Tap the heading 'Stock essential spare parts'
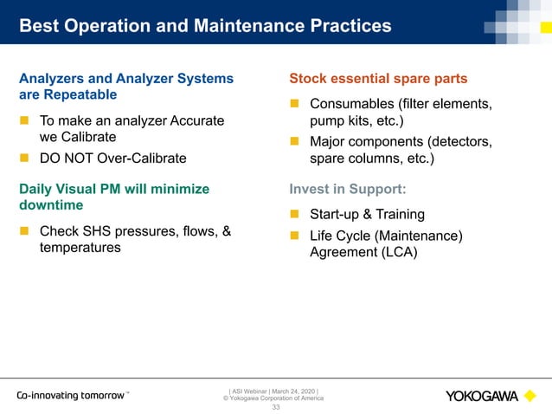coord(378,80)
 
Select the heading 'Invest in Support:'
coord(347,189)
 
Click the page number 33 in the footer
coord(276,406)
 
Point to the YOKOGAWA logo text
coord(482,397)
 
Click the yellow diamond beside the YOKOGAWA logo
coord(530,396)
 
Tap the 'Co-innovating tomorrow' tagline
coord(72,396)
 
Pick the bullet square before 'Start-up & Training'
coord(293,214)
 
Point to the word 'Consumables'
coord(355,105)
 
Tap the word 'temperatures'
coord(80,248)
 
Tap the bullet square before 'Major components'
coord(293,141)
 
